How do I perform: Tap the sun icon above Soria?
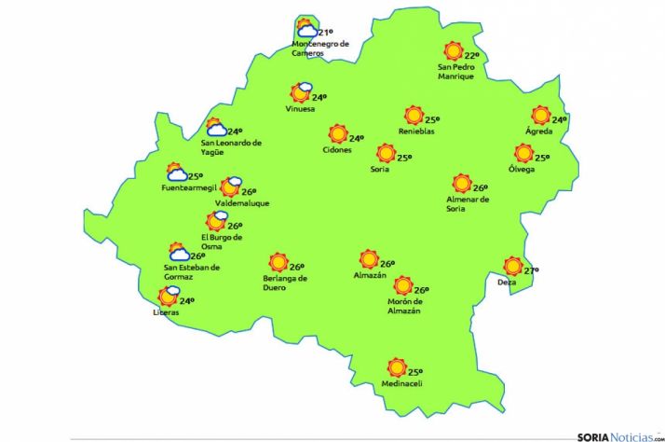386,153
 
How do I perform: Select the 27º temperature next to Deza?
531,271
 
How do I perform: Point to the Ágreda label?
539,131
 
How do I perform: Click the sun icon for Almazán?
369,259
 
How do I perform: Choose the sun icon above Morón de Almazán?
403,285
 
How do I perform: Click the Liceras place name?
166,312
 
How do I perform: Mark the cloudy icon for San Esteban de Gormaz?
179,252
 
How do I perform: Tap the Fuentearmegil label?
187,189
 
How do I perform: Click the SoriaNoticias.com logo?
619,435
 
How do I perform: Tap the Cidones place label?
337,150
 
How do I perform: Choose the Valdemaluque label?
241,201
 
